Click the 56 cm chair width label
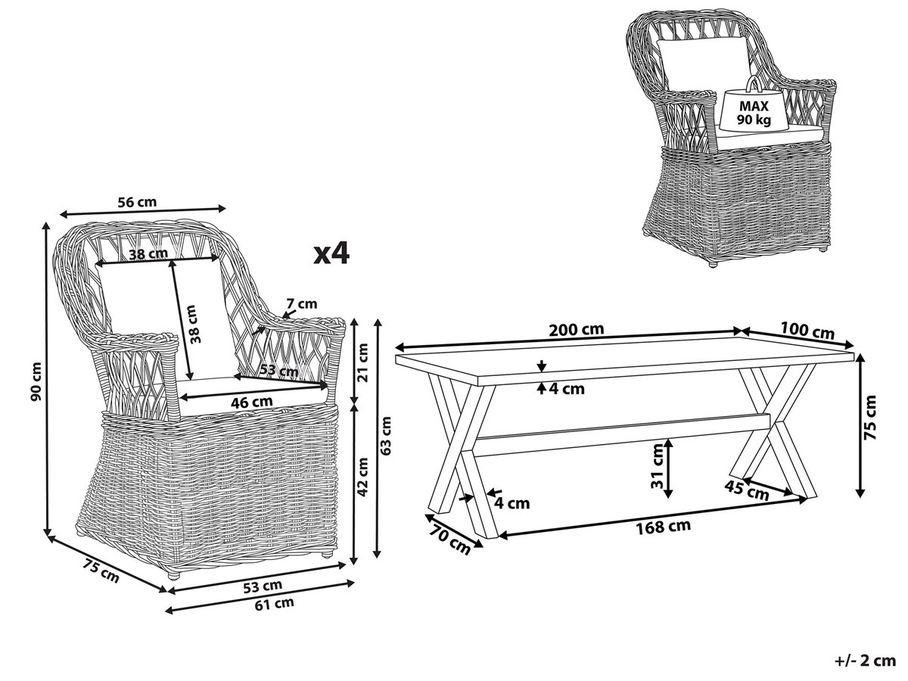click(137, 201)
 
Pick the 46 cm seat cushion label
click(250, 402)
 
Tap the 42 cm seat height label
click(364, 476)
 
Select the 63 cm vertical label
click(387, 436)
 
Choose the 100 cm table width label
click(807, 331)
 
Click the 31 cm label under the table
click(656, 470)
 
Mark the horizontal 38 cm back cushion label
click(148, 254)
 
